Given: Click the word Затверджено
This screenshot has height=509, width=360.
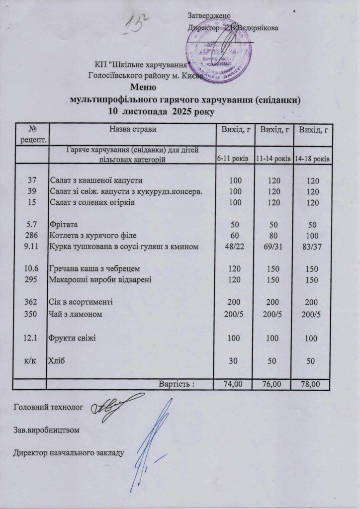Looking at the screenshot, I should (x=209, y=17).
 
